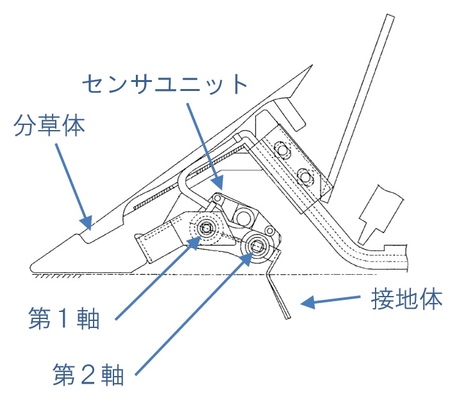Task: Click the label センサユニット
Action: click(x=165, y=84)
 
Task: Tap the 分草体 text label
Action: click(x=49, y=126)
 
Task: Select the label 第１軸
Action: click(x=63, y=318)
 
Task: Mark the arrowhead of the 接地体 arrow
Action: click(x=306, y=304)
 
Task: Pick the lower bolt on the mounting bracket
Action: click(x=305, y=175)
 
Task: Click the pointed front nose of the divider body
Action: click(x=32, y=266)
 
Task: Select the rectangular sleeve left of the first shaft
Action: click(x=154, y=240)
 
